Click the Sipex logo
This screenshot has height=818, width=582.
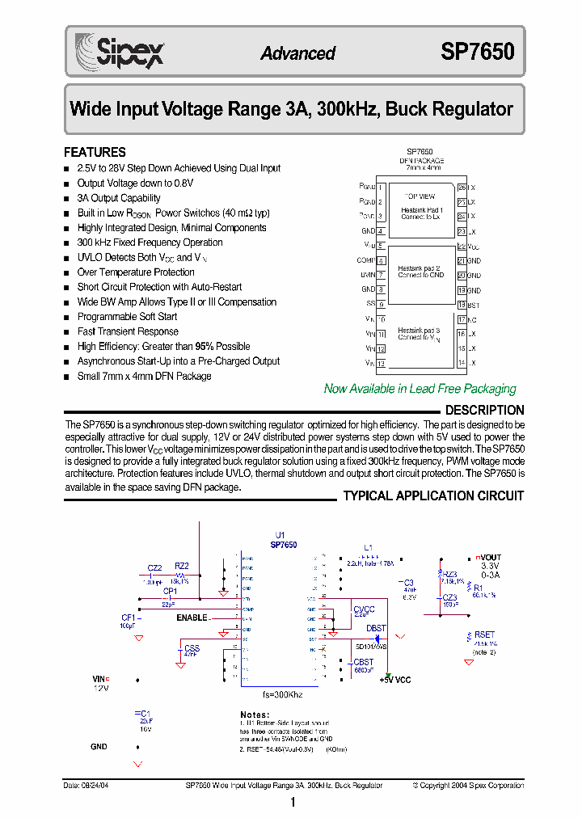(x=120, y=51)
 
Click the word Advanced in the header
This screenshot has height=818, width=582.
(x=297, y=53)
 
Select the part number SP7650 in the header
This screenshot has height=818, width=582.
(x=477, y=53)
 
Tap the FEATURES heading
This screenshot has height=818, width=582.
(x=95, y=152)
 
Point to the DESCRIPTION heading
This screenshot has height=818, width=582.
(x=484, y=410)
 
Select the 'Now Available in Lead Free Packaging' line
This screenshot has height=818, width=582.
(x=420, y=389)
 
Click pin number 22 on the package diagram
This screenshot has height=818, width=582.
(x=462, y=246)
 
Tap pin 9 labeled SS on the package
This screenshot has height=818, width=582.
(x=381, y=304)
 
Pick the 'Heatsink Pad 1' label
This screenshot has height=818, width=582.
(x=421, y=210)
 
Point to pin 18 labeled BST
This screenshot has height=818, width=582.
(x=462, y=305)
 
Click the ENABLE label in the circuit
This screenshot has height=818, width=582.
(x=192, y=618)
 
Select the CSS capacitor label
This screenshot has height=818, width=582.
(x=192, y=648)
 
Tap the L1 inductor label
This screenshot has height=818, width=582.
(x=369, y=548)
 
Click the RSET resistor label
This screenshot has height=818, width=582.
(x=484, y=635)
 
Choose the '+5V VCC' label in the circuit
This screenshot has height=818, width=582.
(x=395, y=680)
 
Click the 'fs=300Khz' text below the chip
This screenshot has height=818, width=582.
(x=282, y=694)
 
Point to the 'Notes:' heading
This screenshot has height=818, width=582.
(x=256, y=715)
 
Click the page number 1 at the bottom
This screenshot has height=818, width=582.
(x=293, y=803)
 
